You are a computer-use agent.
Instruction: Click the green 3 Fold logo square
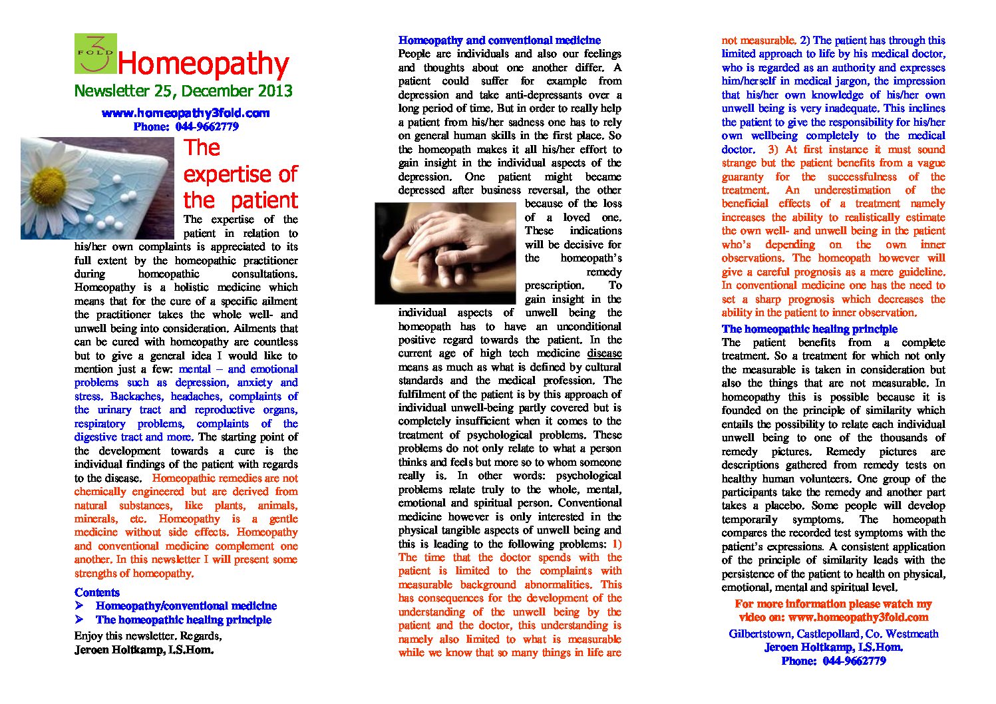click(95, 53)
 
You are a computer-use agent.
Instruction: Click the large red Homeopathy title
click(203, 64)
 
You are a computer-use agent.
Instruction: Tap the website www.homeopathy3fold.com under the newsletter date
click(186, 113)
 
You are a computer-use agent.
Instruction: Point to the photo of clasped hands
click(445, 253)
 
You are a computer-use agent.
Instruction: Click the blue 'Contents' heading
click(97, 592)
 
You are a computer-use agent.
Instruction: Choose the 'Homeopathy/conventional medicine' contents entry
click(186, 606)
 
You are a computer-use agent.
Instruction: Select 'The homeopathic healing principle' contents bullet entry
click(184, 619)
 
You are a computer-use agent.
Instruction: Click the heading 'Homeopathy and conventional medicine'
click(499, 40)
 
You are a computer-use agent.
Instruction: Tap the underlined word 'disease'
click(604, 353)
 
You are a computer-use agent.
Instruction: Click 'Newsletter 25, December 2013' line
click(183, 91)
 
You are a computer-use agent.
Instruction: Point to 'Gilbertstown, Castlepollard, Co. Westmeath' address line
click(833, 633)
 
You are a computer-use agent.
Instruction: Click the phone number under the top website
click(186, 126)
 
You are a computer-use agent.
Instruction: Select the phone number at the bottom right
click(833, 661)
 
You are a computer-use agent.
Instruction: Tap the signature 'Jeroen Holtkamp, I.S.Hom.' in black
click(144, 649)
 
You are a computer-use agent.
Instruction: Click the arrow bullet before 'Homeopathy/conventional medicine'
click(79, 606)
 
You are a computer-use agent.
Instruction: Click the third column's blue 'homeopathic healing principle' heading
click(809, 329)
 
